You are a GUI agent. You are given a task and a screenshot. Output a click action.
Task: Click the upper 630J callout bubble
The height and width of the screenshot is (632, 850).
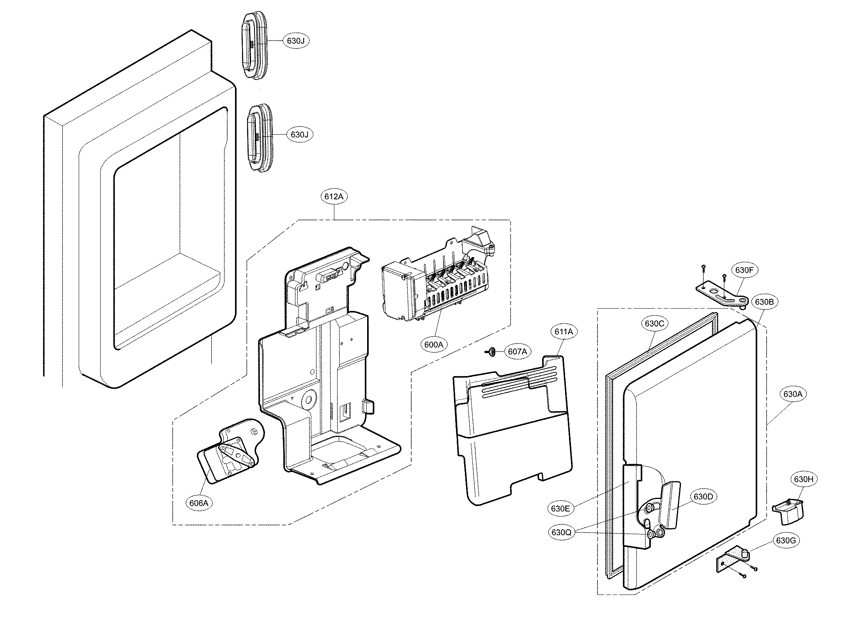click(296, 41)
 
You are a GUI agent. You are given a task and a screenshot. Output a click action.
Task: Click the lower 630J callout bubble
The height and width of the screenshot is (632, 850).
click(299, 135)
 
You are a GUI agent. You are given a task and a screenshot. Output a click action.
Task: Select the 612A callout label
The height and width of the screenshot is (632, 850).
click(334, 197)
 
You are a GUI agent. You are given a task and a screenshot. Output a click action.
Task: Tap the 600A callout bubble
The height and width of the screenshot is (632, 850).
click(434, 344)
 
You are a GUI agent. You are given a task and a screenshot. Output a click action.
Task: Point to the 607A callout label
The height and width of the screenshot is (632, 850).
click(517, 352)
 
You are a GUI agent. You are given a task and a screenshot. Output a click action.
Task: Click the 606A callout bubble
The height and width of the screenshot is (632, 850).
click(199, 503)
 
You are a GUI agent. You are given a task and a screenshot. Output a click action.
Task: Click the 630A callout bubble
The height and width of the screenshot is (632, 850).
click(793, 394)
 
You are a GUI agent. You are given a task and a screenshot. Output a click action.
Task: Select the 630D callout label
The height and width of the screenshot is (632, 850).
click(703, 497)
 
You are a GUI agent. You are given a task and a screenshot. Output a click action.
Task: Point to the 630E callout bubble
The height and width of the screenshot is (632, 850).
click(560, 508)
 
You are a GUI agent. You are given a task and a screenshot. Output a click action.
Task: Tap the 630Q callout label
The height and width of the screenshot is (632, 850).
click(562, 532)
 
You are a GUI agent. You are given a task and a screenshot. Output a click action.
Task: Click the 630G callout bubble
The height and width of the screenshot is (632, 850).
click(786, 540)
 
